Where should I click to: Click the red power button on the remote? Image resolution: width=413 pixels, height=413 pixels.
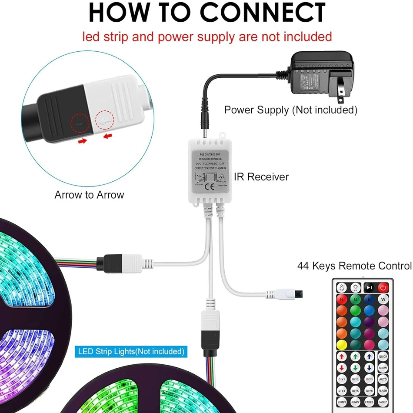pos(383,288)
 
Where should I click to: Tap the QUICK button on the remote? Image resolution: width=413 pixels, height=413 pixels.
pos(383,356)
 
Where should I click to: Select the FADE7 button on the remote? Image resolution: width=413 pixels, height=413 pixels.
pos(383,402)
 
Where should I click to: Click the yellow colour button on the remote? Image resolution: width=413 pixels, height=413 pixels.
pos(342,344)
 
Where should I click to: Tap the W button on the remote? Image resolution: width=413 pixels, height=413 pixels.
pos(383,299)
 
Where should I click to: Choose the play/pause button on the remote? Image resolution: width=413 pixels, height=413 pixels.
pos(369,288)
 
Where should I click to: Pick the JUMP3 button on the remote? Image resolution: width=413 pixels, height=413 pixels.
pos(342,402)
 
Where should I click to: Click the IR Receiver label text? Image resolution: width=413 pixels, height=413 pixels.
pos(261,177)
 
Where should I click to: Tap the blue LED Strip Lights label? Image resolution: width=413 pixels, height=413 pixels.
pos(131,351)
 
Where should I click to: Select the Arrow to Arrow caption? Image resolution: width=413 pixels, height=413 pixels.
pos(89,195)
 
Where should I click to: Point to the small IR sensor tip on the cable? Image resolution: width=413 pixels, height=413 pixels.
pos(299,294)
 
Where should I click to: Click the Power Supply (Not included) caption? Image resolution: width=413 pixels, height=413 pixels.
pos(290,110)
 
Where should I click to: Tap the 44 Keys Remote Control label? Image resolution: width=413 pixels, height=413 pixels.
pos(354,266)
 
